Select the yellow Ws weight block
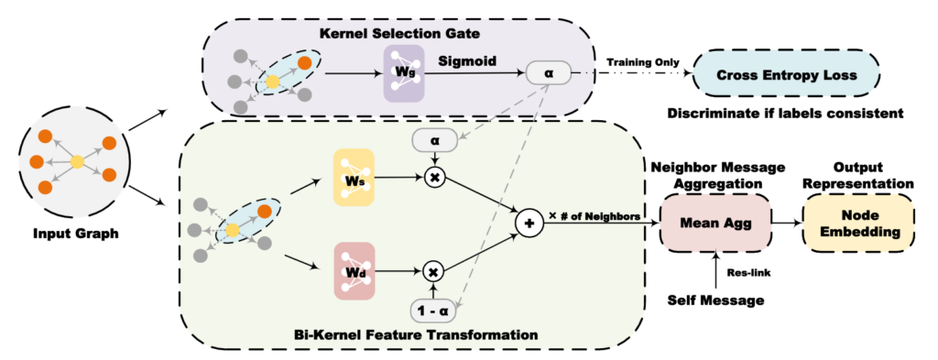(x=355, y=179)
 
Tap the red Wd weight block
(x=355, y=271)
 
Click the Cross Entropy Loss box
(x=785, y=76)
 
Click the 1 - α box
(x=433, y=311)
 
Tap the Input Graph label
(x=77, y=234)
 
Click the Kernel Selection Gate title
(x=388, y=34)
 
